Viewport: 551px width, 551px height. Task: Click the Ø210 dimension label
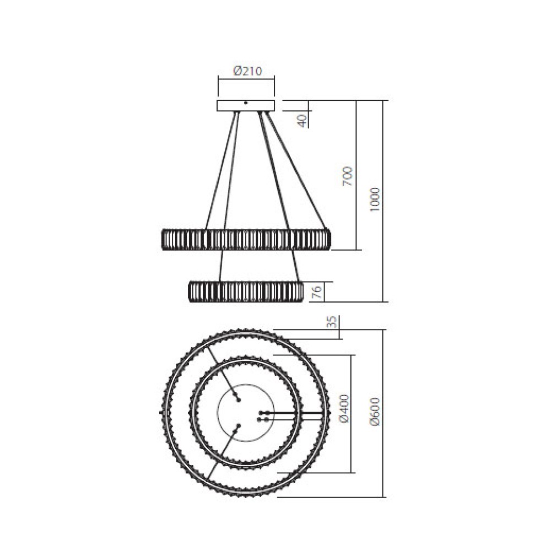246,71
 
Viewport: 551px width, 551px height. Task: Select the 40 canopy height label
301,120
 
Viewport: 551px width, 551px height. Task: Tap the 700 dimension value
347,176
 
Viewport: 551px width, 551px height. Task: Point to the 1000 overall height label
375,202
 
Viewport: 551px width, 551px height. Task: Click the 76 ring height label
316,292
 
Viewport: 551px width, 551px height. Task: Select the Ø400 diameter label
344,408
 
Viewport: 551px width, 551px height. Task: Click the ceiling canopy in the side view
246,106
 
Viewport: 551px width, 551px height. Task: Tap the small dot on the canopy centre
246,102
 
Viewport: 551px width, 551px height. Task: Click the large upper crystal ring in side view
246,240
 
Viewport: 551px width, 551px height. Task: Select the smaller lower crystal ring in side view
246,291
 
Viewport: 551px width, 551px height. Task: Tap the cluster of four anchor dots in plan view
263,416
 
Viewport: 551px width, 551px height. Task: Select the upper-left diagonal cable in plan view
223,372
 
